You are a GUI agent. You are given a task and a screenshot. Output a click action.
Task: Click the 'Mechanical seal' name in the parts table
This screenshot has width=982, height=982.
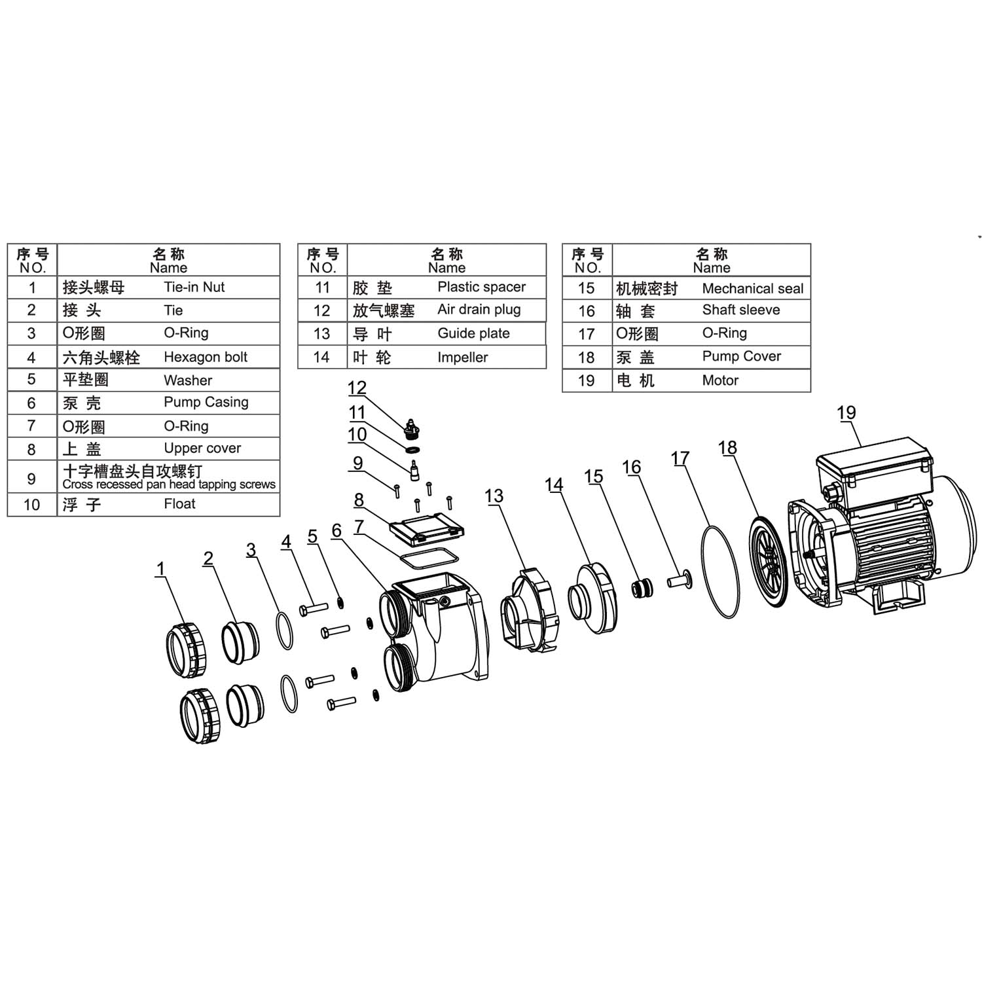[x=752, y=289]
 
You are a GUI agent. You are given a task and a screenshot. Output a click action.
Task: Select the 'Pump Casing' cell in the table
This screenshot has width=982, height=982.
[x=206, y=402]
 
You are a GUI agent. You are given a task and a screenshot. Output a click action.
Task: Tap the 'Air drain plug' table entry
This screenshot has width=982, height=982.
[x=479, y=310]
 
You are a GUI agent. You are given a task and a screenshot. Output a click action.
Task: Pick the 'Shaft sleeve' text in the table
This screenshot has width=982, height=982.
[x=740, y=310]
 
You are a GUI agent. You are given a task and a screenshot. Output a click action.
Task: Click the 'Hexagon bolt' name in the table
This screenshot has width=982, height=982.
[x=205, y=357]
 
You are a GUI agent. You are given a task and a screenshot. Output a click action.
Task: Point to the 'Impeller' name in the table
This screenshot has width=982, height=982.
[x=462, y=357]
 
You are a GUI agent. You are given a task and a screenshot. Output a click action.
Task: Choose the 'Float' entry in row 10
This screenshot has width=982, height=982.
[x=179, y=504]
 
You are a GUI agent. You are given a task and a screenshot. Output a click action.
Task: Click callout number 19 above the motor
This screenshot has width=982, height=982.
[x=846, y=413]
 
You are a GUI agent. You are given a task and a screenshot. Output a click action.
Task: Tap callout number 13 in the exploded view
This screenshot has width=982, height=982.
[x=494, y=496]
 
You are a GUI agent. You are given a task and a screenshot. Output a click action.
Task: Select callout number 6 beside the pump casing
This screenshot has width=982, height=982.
[x=336, y=531]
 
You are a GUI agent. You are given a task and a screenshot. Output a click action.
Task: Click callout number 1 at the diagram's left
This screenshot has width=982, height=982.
[x=160, y=569]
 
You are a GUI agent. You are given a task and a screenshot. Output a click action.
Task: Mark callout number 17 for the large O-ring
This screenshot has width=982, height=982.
[x=680, y=458]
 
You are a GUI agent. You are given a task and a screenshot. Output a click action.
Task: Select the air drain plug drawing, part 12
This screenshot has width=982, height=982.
[x=412, y=428]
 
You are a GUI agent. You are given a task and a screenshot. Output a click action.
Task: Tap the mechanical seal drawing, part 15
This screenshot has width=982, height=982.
[x=642, y=587]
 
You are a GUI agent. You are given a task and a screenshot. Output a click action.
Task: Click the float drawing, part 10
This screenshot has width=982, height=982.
[x=414, y=471]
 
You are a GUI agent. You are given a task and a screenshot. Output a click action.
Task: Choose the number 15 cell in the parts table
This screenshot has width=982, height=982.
[x=586, y=289]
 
